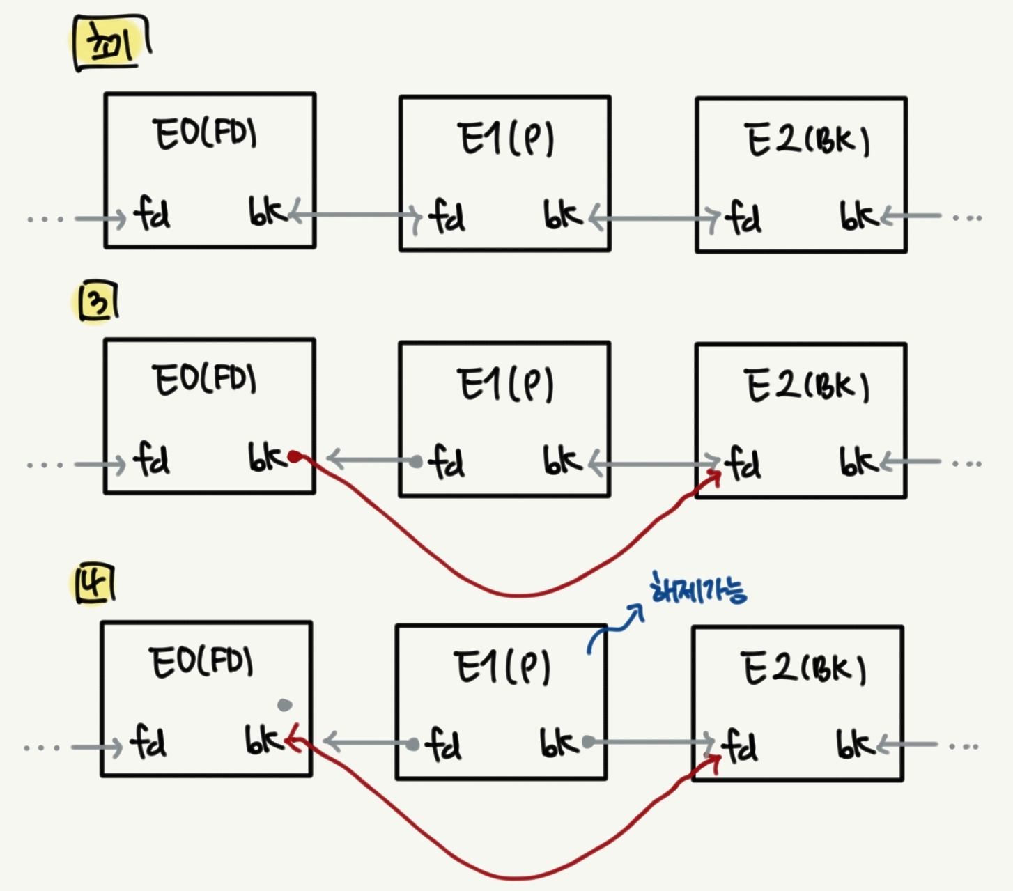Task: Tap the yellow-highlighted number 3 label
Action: click(96, 304)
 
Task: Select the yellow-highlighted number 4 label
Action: click(95, 584)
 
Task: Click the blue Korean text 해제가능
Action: click(697, 591)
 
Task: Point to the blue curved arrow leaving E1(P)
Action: click(614, 627)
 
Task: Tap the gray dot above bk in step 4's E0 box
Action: click(284, 705)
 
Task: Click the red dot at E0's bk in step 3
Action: click(295, 457)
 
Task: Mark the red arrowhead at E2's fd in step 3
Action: click(716, 476)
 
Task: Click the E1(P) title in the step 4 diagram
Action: click(502, 667)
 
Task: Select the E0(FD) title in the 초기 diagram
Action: click(205, 134)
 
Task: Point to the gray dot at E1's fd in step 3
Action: click(416, 461)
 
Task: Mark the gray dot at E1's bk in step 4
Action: click(588, 742)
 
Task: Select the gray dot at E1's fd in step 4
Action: click(412, 745)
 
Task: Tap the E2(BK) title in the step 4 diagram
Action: click(803, 669)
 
